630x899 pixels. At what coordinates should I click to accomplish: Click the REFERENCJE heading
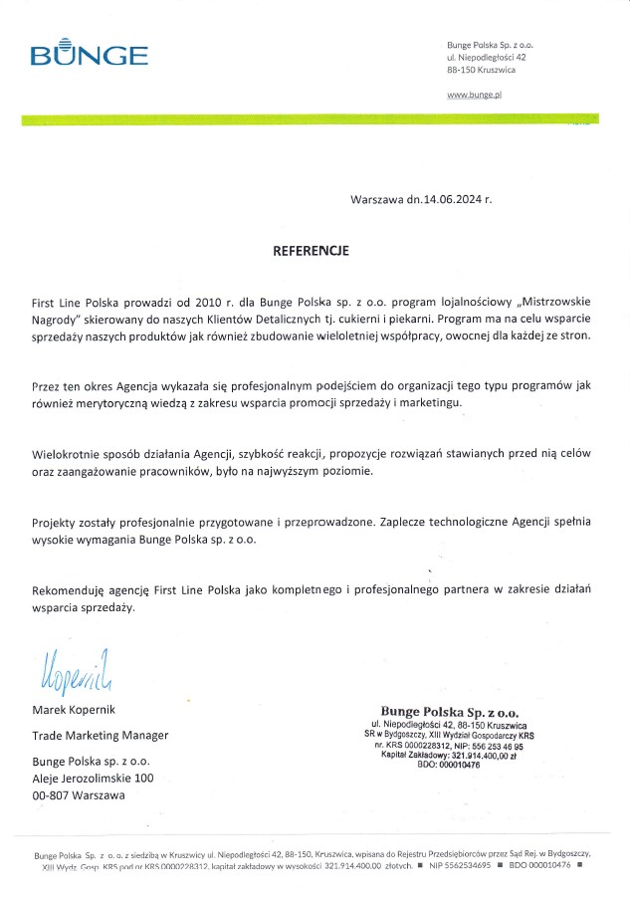click(x=311, y=252)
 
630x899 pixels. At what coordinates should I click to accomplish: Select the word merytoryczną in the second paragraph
click(x=105, y=402)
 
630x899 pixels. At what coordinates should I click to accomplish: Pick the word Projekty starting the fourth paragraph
click(x=56, y=521)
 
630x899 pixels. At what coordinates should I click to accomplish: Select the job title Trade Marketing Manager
click(x=101, y=736)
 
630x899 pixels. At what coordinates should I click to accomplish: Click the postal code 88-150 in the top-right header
click(x=461, y=73)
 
